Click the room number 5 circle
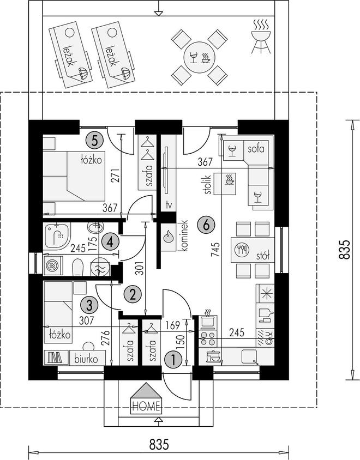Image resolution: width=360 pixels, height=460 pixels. coord(94,141)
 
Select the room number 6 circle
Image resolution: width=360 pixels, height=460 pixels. coord(206,225)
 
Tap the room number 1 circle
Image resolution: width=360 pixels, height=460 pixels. coord(173,359)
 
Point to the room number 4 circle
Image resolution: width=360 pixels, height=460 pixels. coord(110,242)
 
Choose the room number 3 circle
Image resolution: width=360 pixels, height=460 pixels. coord(89,305)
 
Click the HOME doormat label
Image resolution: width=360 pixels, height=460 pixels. coord(146,406)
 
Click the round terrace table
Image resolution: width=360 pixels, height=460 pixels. coord(199,57)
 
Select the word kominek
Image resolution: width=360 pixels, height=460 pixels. coord(184,236)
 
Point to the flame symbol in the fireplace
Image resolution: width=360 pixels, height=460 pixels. coord(169,236)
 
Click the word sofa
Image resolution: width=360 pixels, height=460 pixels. coord(256,149)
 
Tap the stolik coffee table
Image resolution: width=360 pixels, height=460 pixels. coord(225,184)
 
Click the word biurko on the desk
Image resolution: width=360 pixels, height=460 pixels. coord(86,359)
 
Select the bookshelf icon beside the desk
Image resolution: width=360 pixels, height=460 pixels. coord(55,357)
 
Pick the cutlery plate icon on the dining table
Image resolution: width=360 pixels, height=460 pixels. coord(242,250)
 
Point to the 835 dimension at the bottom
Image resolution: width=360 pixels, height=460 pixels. coord(159,444)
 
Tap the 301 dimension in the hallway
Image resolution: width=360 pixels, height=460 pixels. coord(141,268)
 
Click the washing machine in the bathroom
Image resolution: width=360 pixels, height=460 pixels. coord(52,266)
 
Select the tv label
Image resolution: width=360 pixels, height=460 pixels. coord(168,205)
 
